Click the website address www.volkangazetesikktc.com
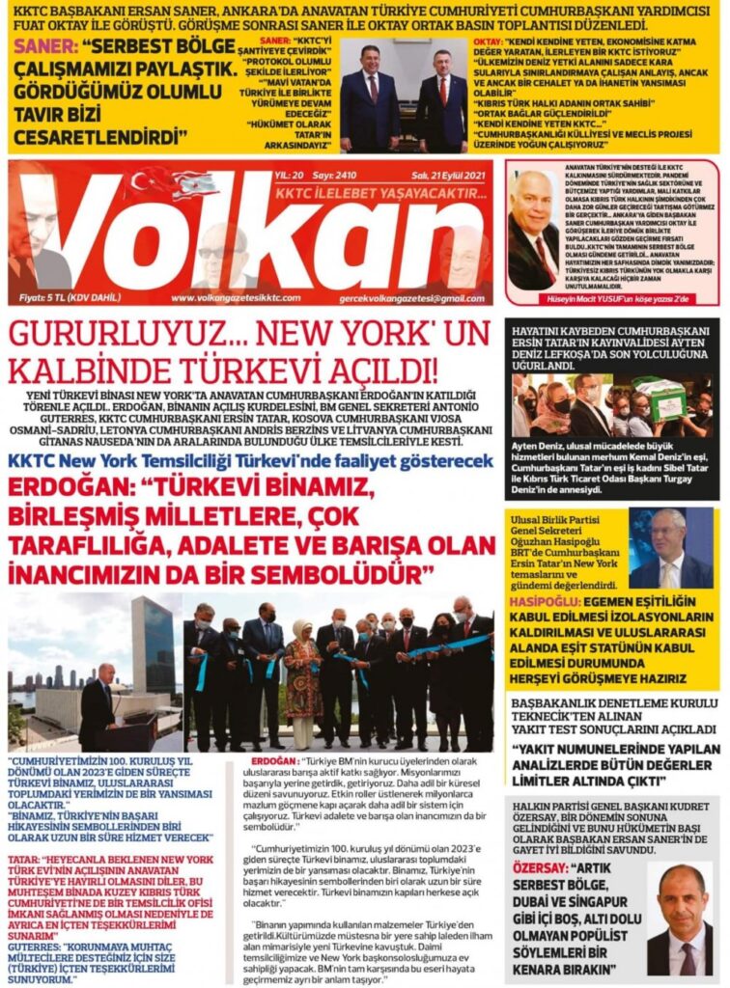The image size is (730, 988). coord(229,298)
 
